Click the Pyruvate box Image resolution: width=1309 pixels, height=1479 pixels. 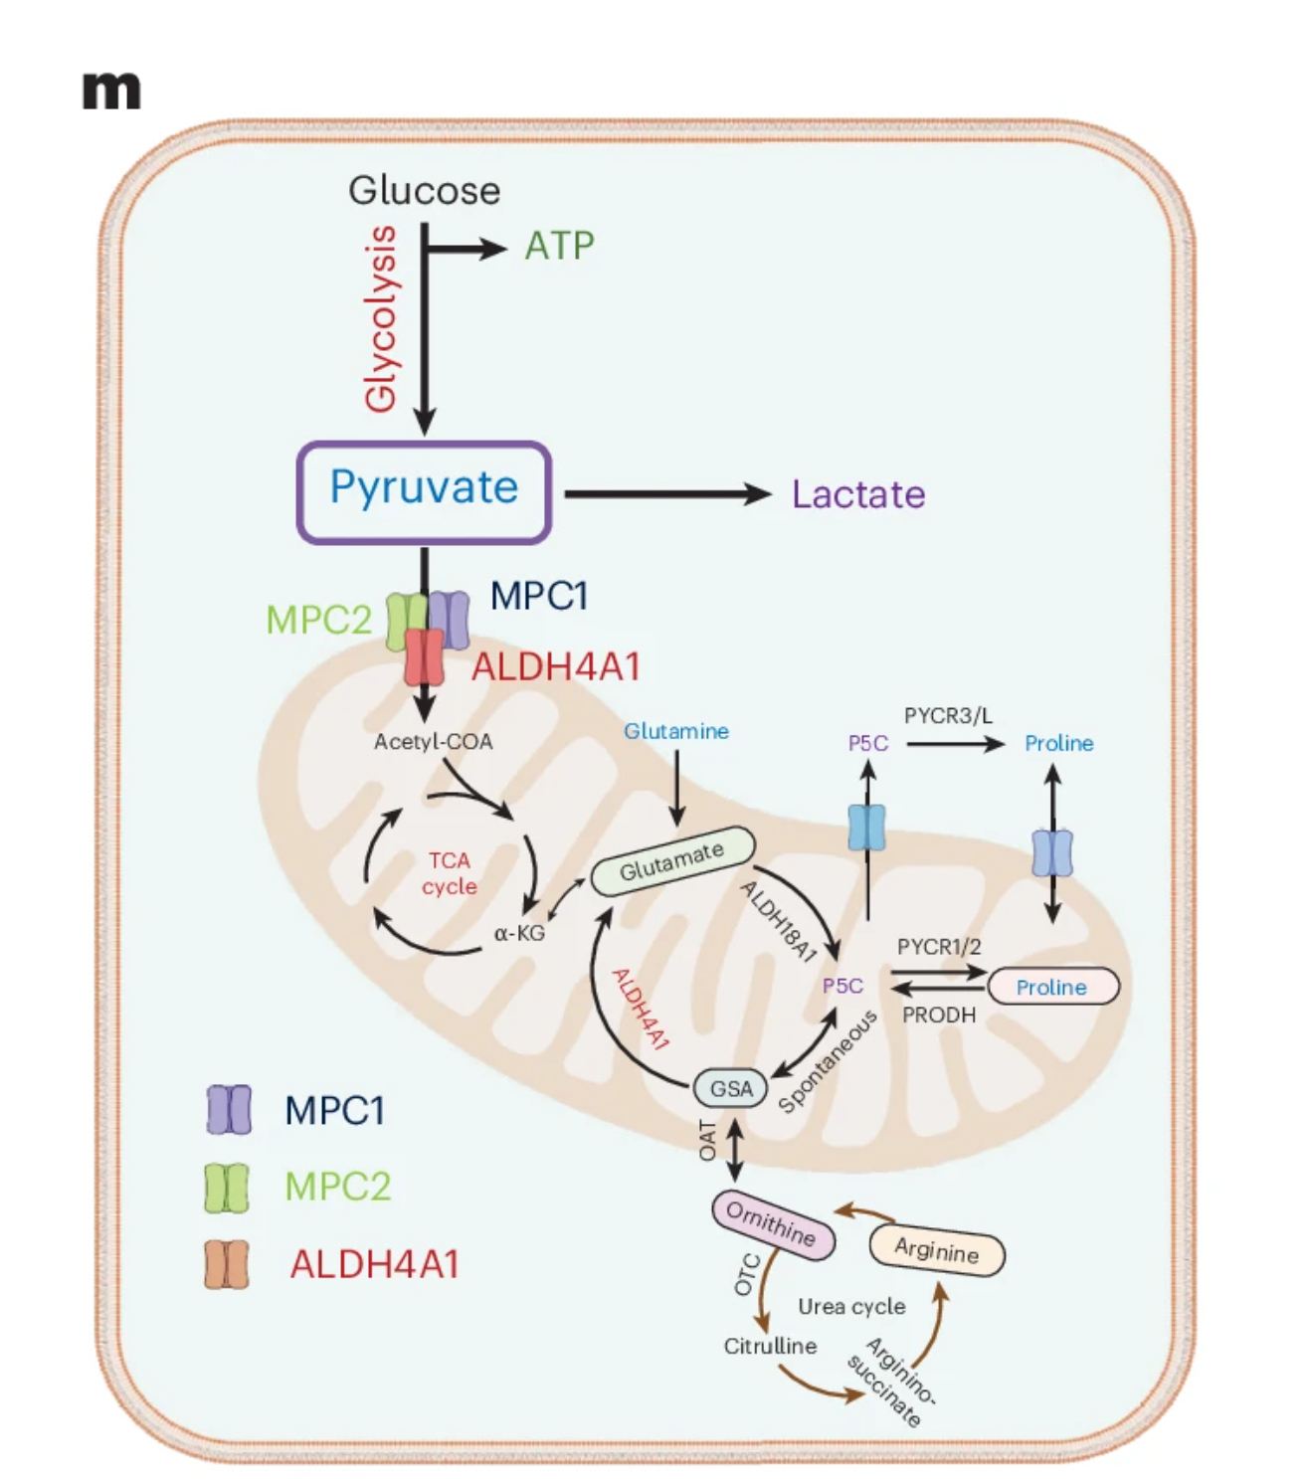point(424,491)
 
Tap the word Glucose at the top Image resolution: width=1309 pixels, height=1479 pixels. point(424,190)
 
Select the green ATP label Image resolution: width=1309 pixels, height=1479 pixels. point(559,246)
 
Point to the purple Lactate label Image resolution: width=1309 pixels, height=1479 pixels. point(857,494)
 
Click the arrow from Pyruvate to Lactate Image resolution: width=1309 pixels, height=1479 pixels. point(666,493)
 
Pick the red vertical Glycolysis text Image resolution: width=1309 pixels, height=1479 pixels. point(382,318)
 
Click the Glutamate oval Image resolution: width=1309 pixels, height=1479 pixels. point(672,860)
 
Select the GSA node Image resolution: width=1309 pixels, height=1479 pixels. point(731,1088)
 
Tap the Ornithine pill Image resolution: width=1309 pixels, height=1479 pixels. point(773,1224)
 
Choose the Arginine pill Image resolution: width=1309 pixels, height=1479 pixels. point(936,1250)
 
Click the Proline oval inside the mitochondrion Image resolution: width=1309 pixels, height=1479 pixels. point(1052,987)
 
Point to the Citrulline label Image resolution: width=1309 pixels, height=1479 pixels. point(770,1346)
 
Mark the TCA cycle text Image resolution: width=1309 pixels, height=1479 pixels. point(449,873)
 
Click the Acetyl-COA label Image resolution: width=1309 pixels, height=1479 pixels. point(433,741)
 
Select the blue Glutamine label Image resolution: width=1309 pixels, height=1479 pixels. point(676,731)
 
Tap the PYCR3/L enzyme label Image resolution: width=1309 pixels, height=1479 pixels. point(948,715)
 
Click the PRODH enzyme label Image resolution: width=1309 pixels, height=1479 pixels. point(938,1015)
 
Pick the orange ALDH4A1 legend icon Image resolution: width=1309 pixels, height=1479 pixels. point(227,1264)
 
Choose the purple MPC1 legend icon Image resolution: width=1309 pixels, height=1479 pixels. point(228,1110)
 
